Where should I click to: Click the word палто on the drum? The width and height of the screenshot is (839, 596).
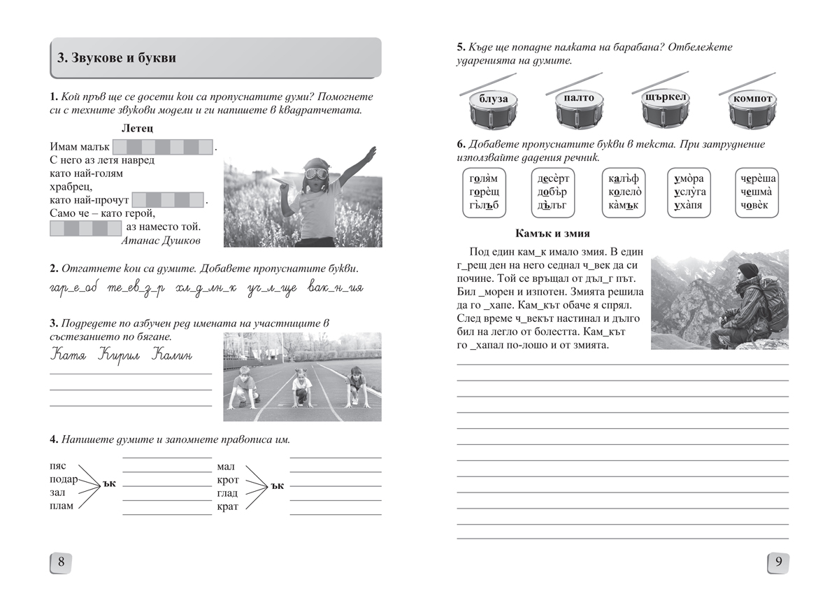[578, 98]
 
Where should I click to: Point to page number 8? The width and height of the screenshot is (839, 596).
[61, 562]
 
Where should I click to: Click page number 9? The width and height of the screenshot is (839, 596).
[778, 562]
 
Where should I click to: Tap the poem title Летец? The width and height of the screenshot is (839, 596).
[137, 129]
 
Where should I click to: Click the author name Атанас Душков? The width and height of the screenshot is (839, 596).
[161, 241]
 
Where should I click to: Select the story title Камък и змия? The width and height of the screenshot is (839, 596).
[552, 234]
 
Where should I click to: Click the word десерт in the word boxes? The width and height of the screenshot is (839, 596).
[554, 178]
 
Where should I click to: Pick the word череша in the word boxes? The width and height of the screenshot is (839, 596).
[758, 178]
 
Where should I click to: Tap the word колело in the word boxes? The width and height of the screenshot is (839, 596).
[624, 192]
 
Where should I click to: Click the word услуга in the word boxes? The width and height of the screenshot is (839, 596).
[690, 192]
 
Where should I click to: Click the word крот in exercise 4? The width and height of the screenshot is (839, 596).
[228, 480]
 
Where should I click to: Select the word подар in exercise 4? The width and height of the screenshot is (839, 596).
[64, 480]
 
